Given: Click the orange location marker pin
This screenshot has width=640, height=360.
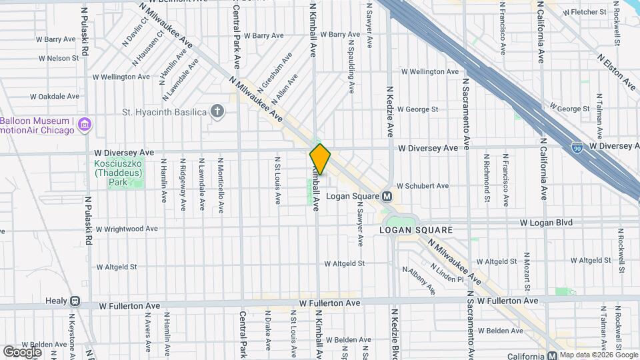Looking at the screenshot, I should click(x=320, y=159).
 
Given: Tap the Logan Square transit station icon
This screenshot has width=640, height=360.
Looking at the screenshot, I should click(x=386, y=197).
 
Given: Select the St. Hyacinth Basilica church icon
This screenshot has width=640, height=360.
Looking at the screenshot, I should click(x=217, y=111).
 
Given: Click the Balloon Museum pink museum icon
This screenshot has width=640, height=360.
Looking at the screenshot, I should click(x=84, y=125).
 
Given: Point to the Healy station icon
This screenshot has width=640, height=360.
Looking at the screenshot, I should click(x=75, y=301).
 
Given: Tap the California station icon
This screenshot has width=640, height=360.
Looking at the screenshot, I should click(x=552, y=355).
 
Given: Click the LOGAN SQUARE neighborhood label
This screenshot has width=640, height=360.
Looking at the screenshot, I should click(x=416, y=230).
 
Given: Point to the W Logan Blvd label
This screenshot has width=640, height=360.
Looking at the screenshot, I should click(x=547, y=222).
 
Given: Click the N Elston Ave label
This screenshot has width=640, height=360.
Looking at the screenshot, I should click(x=617, y=71).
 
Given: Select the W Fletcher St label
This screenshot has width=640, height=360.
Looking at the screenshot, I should click(x=585, y=12).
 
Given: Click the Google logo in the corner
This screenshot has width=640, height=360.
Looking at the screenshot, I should click(x=22, y=351).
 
